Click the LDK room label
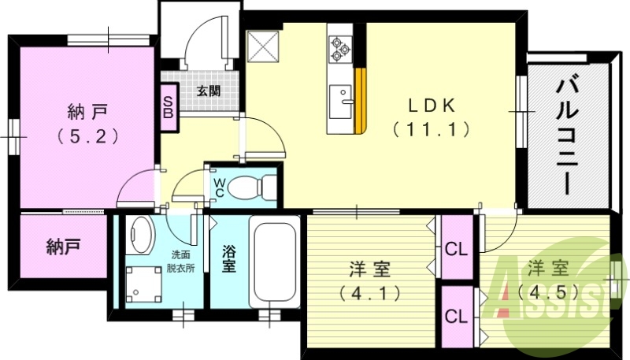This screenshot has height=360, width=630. [x=432, y=106]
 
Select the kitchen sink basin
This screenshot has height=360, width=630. [x=340, y=102]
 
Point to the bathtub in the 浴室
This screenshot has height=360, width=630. [x=275, y=262]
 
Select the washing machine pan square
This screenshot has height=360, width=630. [x=144, y=284]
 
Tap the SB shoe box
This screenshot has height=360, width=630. [x=169, y=107]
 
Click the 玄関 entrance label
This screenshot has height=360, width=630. [x=209, y=91]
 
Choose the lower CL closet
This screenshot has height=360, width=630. [x=457, y=317]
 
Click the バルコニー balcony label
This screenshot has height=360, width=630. [x=566, y=136]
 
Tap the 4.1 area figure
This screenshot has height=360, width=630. [x=370, y=294]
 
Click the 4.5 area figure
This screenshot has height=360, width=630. [x=549, y=291]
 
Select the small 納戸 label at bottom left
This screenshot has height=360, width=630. [x=64, y=247]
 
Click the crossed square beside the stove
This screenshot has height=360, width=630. [x=263, y=46]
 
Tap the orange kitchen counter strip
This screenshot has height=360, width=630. [x=361, y=101]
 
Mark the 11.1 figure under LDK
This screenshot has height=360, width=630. [x=431, y=129]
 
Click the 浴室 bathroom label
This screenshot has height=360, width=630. [x=229, y=259]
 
